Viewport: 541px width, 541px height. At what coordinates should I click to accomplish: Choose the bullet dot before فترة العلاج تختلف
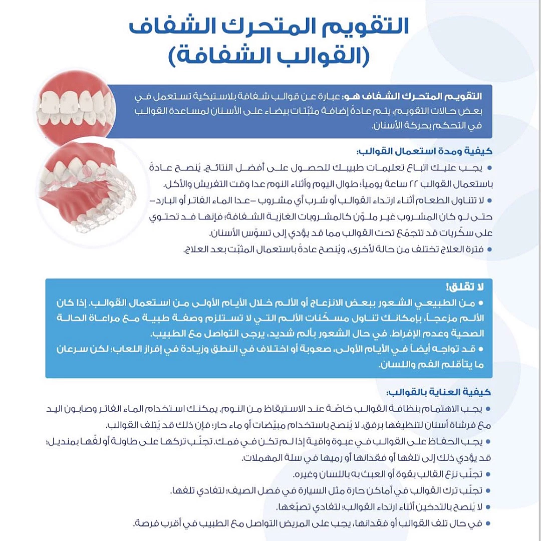pos(489,249)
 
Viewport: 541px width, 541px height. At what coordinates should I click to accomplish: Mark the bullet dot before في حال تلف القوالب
pos(488,523)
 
